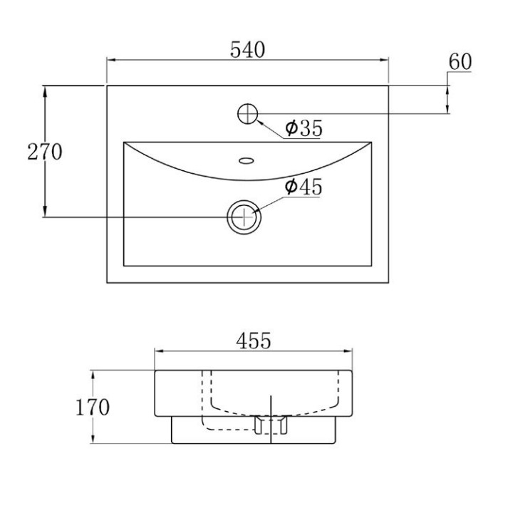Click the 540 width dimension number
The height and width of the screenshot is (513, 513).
[247, 50]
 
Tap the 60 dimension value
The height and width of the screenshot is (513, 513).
[460, 61]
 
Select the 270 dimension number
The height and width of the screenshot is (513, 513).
[44, 152]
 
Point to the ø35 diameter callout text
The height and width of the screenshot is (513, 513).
[304, 128]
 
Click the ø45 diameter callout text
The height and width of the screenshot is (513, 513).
[304, 187]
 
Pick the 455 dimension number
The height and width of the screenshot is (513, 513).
[254, 341]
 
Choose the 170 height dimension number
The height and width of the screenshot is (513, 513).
[93, 408]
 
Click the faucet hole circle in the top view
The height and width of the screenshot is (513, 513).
[248, 114]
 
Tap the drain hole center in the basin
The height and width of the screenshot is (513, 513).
[244, 217]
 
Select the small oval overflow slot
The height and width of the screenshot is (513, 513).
[246, 160]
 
